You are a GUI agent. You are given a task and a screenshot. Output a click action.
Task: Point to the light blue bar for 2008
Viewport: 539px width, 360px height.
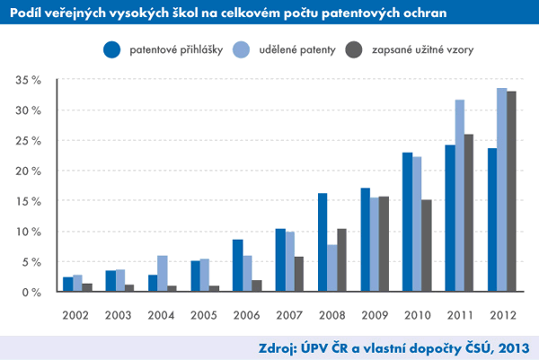332,268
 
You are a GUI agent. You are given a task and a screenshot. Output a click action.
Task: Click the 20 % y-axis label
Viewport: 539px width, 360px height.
30,171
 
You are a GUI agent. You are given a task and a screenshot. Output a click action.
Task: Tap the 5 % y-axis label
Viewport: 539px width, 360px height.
32,262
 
